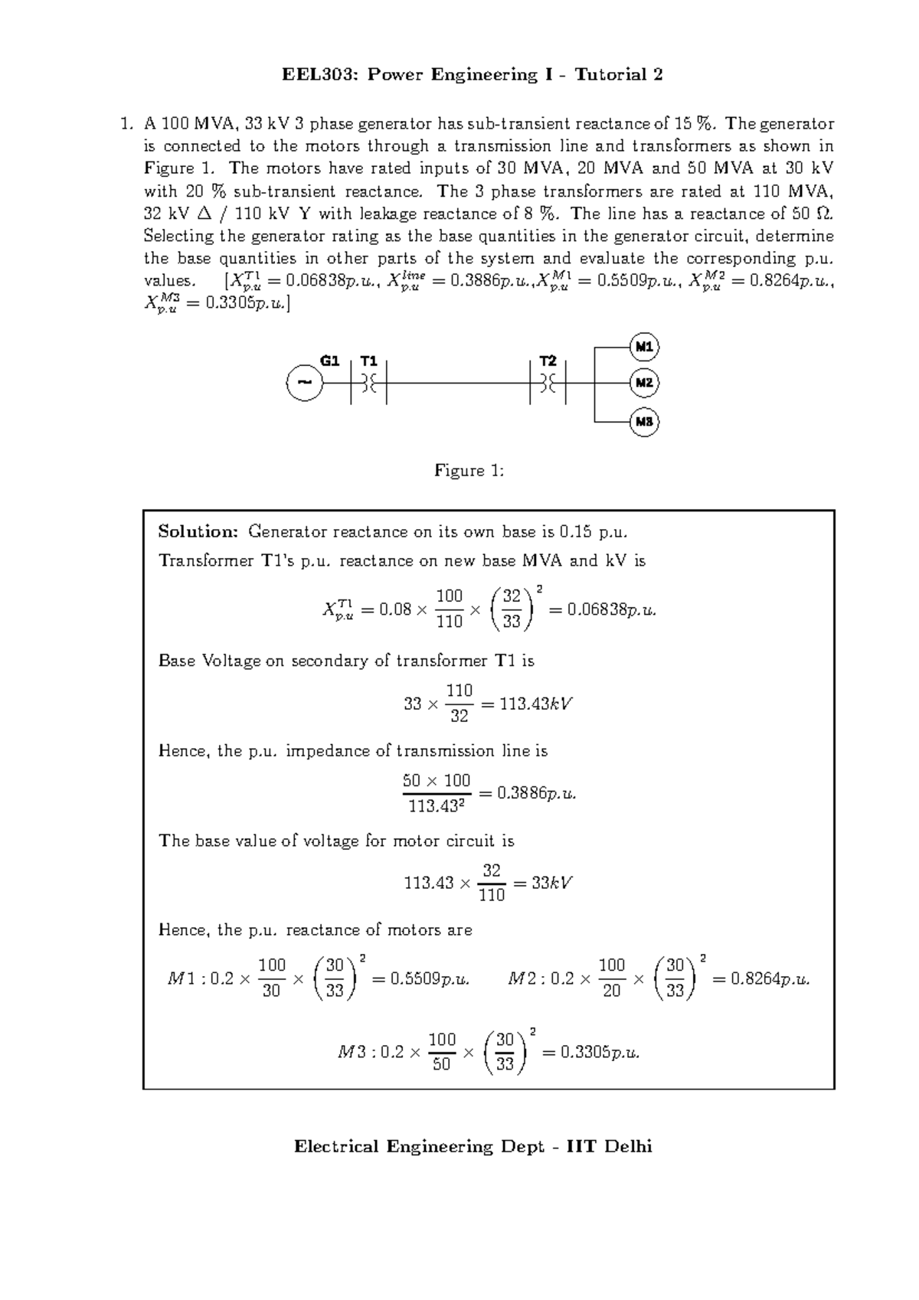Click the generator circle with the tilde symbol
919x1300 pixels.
point(304,382)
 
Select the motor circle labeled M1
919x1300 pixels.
point(644,347)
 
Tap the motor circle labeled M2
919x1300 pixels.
point(644,382)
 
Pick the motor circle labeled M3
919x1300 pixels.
point(644,422)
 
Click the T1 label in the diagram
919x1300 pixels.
point(369,361)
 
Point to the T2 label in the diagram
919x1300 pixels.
point(548,361)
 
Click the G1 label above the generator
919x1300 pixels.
point(329,361)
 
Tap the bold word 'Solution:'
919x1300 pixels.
point(199,531)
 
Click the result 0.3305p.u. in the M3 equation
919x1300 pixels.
point(600,1052)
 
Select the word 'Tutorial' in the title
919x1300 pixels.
point(610,74)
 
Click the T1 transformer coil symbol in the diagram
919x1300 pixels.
point(369,382)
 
